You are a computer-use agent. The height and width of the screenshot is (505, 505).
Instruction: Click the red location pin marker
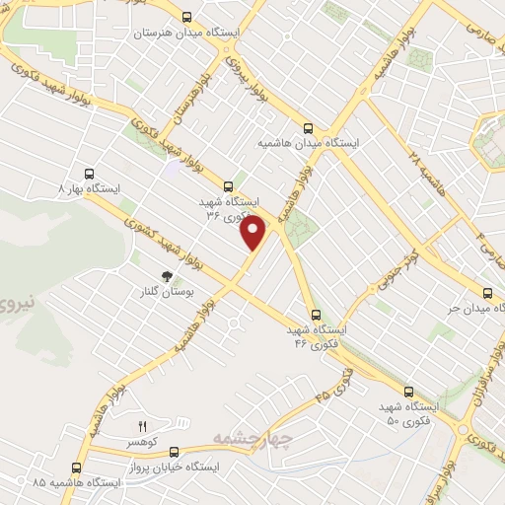pos(253,233)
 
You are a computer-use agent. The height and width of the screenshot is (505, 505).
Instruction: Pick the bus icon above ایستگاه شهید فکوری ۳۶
pos(229,184)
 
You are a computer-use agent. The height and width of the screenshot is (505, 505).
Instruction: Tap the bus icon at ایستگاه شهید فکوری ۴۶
pos(315,315)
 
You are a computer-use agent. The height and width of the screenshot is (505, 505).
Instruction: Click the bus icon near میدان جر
pos(487,293)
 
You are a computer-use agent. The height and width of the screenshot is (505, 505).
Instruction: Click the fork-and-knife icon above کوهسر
pos(141,426)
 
